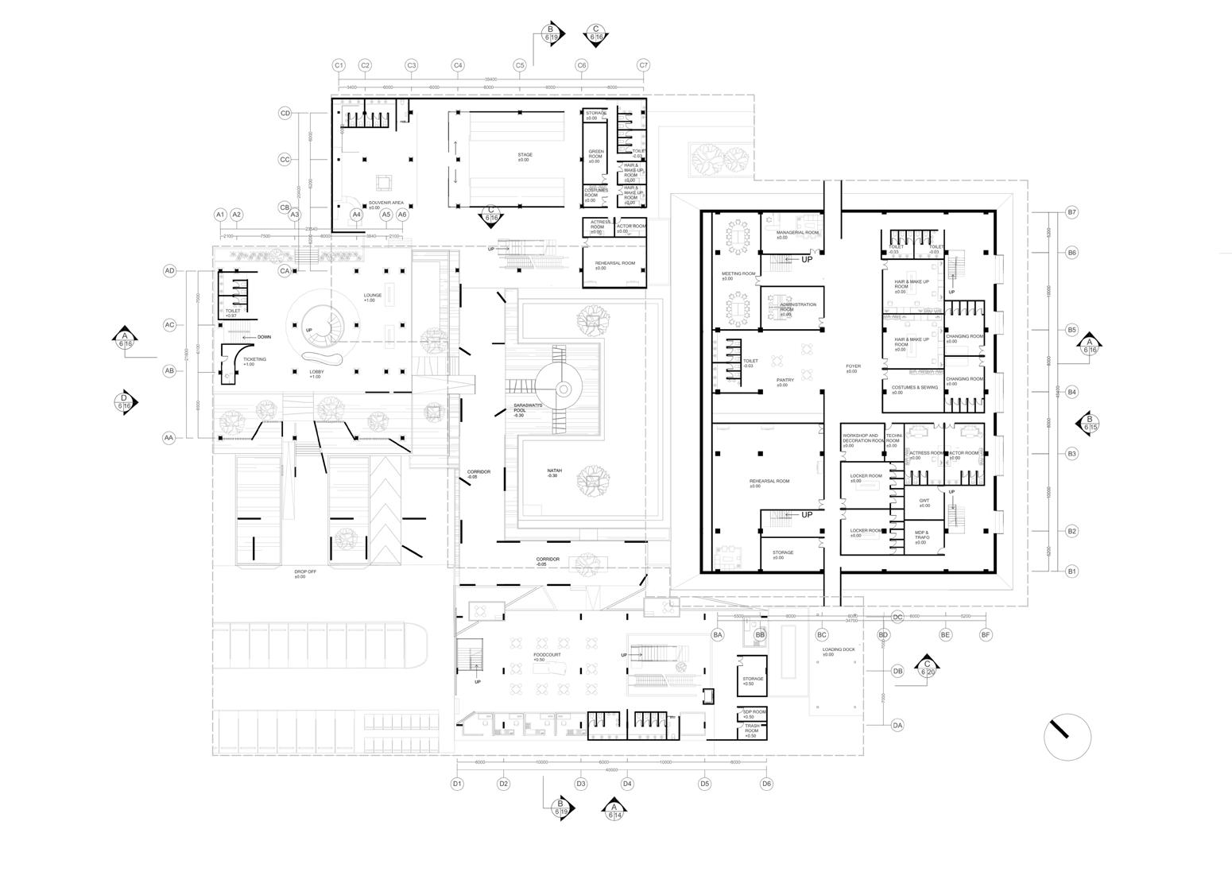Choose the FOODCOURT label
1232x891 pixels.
[x=547, y=655]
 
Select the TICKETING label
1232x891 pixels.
[x=254, y=360]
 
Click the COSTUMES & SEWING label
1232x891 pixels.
[x=914, y=388]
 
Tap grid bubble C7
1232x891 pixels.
[x=644, y=65]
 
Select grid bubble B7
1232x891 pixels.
[x=1071, y=212]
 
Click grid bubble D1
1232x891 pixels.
[x=457, y=784]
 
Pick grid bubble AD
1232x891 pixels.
[x=169, y=271]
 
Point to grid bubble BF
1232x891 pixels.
[x=986, y=634]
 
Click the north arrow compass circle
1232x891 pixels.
[x=1067, y=736]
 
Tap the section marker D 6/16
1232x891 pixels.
[x=124, y=402]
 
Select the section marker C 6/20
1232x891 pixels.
[x=927, y=668]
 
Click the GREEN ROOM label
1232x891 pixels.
[x=595, y=154]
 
